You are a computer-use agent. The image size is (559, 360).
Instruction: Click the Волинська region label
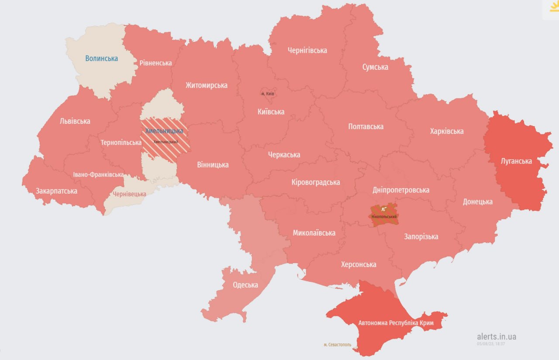(x=101, y=58)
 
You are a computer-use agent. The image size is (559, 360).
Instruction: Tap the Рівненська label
(x=155, y=63)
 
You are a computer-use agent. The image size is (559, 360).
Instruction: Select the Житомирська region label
(x=206, y=85)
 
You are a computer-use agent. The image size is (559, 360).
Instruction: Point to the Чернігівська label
(x=307, y=50)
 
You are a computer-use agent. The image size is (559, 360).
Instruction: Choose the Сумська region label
(x=375, y=67)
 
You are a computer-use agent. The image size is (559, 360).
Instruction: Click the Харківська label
(x=446, y=131)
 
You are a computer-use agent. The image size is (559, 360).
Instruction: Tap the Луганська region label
(x=516, y=161)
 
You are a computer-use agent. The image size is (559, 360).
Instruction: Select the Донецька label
(x=477, y=201)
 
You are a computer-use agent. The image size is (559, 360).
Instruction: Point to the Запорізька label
(x=421, y=237)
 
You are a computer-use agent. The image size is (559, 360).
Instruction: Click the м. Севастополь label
(x=337, y=345)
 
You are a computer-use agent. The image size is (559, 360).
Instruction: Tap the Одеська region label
(x=245, y=285)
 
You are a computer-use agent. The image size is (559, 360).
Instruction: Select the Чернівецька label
(x=129, y=194)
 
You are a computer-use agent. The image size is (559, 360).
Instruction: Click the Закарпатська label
(x=56, y=191)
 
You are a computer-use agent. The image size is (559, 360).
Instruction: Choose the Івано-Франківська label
(x=98, y=175)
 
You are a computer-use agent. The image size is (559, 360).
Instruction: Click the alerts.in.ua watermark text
(x=496, y=336)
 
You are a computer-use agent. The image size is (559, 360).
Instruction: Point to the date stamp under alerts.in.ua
(x=491, y=344)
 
